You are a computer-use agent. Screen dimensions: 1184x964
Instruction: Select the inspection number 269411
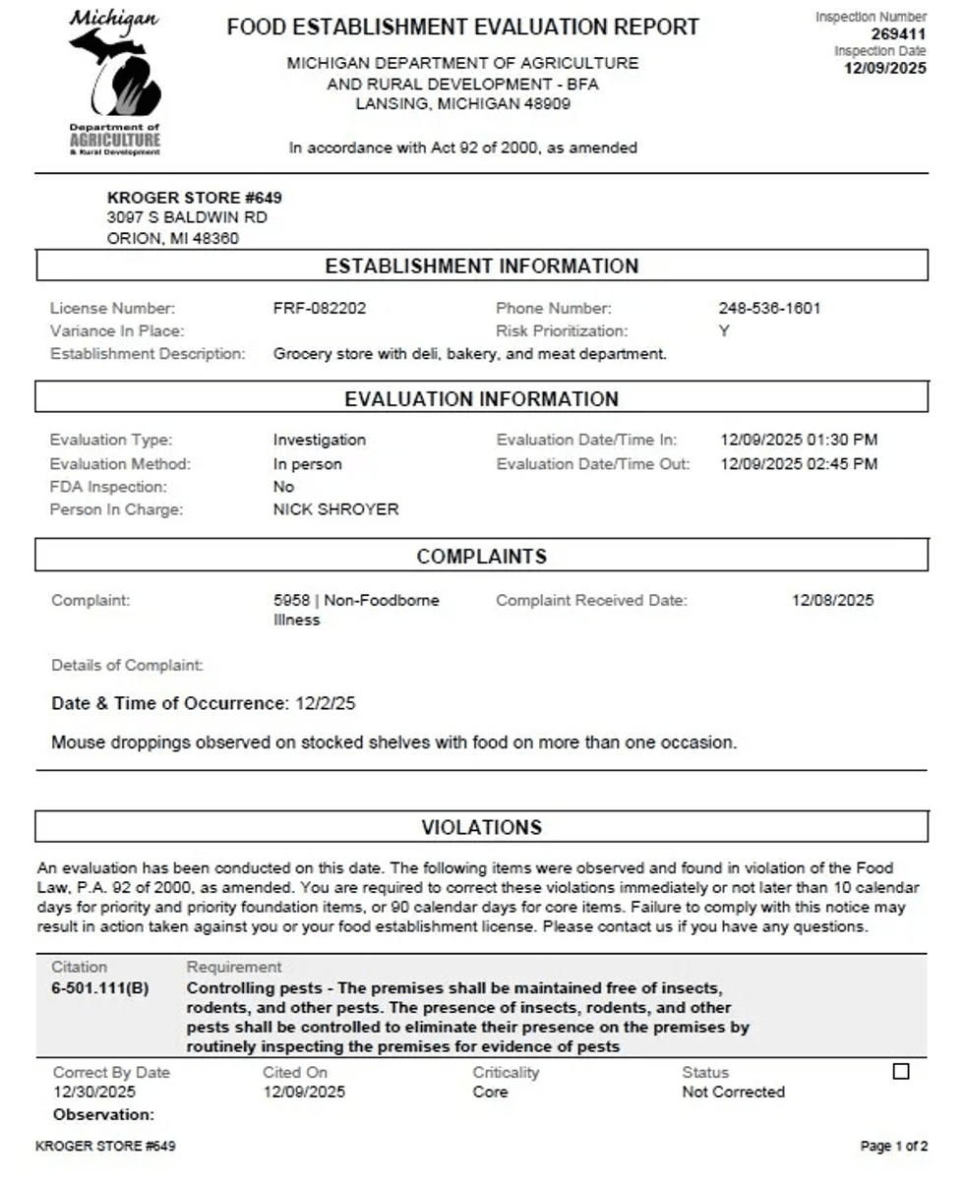tap(898, 34)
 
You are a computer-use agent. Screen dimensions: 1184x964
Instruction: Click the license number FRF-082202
tap(319, 308)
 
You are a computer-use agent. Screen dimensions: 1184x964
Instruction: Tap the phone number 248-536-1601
tap(769, 308)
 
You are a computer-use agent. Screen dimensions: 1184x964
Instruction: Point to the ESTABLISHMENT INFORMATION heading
tap(481, 266)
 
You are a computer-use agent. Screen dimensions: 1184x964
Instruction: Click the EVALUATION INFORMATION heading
tap(481, 399)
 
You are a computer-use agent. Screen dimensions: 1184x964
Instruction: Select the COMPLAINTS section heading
tap(481, 557)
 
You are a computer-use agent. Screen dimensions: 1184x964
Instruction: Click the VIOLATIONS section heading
tap(481, 827)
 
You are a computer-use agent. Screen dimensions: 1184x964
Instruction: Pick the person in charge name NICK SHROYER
tap(335, 509)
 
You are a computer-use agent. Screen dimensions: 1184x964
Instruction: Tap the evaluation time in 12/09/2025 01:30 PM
tap(799, 440)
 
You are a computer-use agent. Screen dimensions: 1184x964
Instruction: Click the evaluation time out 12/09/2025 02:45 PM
tap(799, 463)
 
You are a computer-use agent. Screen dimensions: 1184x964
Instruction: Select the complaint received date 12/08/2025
tap(832, 600)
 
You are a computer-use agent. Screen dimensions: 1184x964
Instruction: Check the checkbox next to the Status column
tap(901, 1072)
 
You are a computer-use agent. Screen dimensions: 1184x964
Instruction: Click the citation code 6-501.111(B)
tap(100, 987)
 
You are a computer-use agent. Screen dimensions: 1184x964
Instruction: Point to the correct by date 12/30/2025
tap(94, 1092)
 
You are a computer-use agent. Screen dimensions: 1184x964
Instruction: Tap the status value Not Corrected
tap(733, 1092)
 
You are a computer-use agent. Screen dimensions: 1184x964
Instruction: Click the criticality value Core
tap(490, 1092)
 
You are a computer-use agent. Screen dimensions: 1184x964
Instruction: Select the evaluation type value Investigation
tap(319, 440)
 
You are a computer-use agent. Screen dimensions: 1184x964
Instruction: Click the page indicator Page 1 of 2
tap(893, 1147)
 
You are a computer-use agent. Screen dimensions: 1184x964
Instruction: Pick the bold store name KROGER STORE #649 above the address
tap(194, 198)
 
